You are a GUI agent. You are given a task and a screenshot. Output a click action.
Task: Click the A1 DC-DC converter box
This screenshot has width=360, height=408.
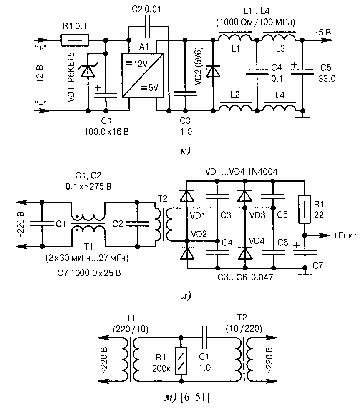pos(143,75)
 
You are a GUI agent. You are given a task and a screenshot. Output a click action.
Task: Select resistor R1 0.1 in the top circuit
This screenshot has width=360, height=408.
pos(75,40)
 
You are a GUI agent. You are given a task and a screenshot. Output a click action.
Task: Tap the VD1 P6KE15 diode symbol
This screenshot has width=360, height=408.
pos(88,71)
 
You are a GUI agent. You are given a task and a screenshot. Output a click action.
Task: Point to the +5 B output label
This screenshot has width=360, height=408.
pos(322,32)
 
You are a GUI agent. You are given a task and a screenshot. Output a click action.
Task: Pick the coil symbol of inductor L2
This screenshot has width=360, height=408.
pos(236,107)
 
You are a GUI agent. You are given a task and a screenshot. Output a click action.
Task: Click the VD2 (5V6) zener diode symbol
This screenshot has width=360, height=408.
pos(213,71)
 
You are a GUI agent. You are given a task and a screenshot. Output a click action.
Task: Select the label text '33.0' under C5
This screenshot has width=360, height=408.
pos(327,79)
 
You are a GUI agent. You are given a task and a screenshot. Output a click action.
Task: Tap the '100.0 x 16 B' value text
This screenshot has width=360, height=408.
pos(106,132)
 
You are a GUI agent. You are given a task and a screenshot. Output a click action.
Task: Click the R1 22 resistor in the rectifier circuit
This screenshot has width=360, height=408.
pos(304,209)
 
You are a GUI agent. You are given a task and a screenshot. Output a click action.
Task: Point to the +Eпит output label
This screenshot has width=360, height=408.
pos(345,235)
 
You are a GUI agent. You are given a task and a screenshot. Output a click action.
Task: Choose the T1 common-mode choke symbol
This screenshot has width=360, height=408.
pos(88,223)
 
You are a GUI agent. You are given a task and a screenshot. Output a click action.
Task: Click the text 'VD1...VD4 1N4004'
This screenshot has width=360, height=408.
pos(241,172)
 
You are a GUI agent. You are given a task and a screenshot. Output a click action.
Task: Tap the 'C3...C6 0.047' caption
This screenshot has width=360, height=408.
pos(245,278)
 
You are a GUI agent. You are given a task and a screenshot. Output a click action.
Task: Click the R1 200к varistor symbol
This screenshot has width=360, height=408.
pos(181,360)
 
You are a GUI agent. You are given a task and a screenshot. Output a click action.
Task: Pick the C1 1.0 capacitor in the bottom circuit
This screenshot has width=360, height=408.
pos(204,338)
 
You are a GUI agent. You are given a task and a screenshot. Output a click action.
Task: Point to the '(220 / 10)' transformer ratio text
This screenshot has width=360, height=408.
pos(131,329)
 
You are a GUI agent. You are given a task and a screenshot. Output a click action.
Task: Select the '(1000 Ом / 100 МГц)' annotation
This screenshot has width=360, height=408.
pos(256,23)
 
